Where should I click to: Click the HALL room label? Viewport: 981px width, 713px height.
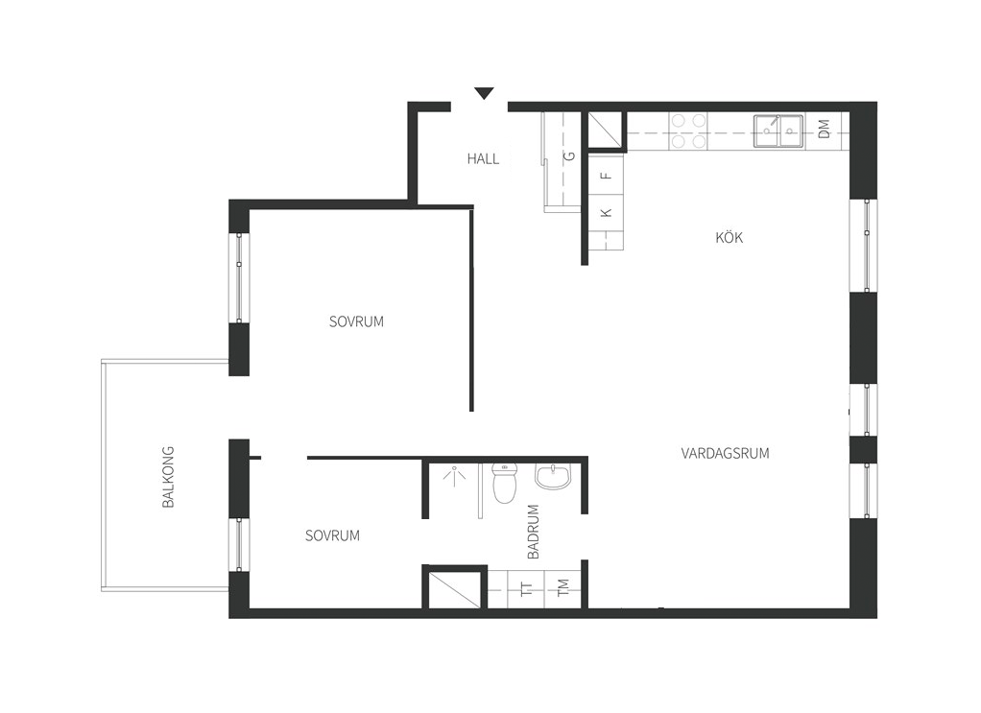(483, 159)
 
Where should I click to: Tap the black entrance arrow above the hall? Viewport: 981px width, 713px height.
(484, 93)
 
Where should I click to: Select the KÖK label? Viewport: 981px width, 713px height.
(729, 237)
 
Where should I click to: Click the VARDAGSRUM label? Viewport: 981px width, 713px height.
(725, 454)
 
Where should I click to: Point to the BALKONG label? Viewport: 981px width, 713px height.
(168, 477)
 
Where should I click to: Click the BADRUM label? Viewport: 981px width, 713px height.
(533, 532)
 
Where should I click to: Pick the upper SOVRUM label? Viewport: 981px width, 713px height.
(356, 321)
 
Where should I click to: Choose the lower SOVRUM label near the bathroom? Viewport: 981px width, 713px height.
(332, 535)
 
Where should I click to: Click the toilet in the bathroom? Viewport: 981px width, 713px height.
(504, 483)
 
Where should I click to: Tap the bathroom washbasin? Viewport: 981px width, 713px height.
(553, 477)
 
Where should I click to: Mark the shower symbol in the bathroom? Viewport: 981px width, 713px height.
(454, 475)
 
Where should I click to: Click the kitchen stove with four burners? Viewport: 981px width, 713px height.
(687, 132)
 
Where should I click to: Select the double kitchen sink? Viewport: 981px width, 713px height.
(778, 131)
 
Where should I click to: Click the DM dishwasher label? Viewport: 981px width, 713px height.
(824, 130)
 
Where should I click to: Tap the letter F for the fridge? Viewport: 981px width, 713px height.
(606, 176)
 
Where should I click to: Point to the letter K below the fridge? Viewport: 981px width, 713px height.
(606, 213)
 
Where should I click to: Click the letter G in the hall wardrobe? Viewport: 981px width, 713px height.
(569, 155)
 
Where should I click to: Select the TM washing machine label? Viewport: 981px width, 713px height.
(563, 587)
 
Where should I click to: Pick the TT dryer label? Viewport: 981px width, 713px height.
(527, 588)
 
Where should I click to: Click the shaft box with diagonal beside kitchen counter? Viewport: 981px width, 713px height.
(605, 132)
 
